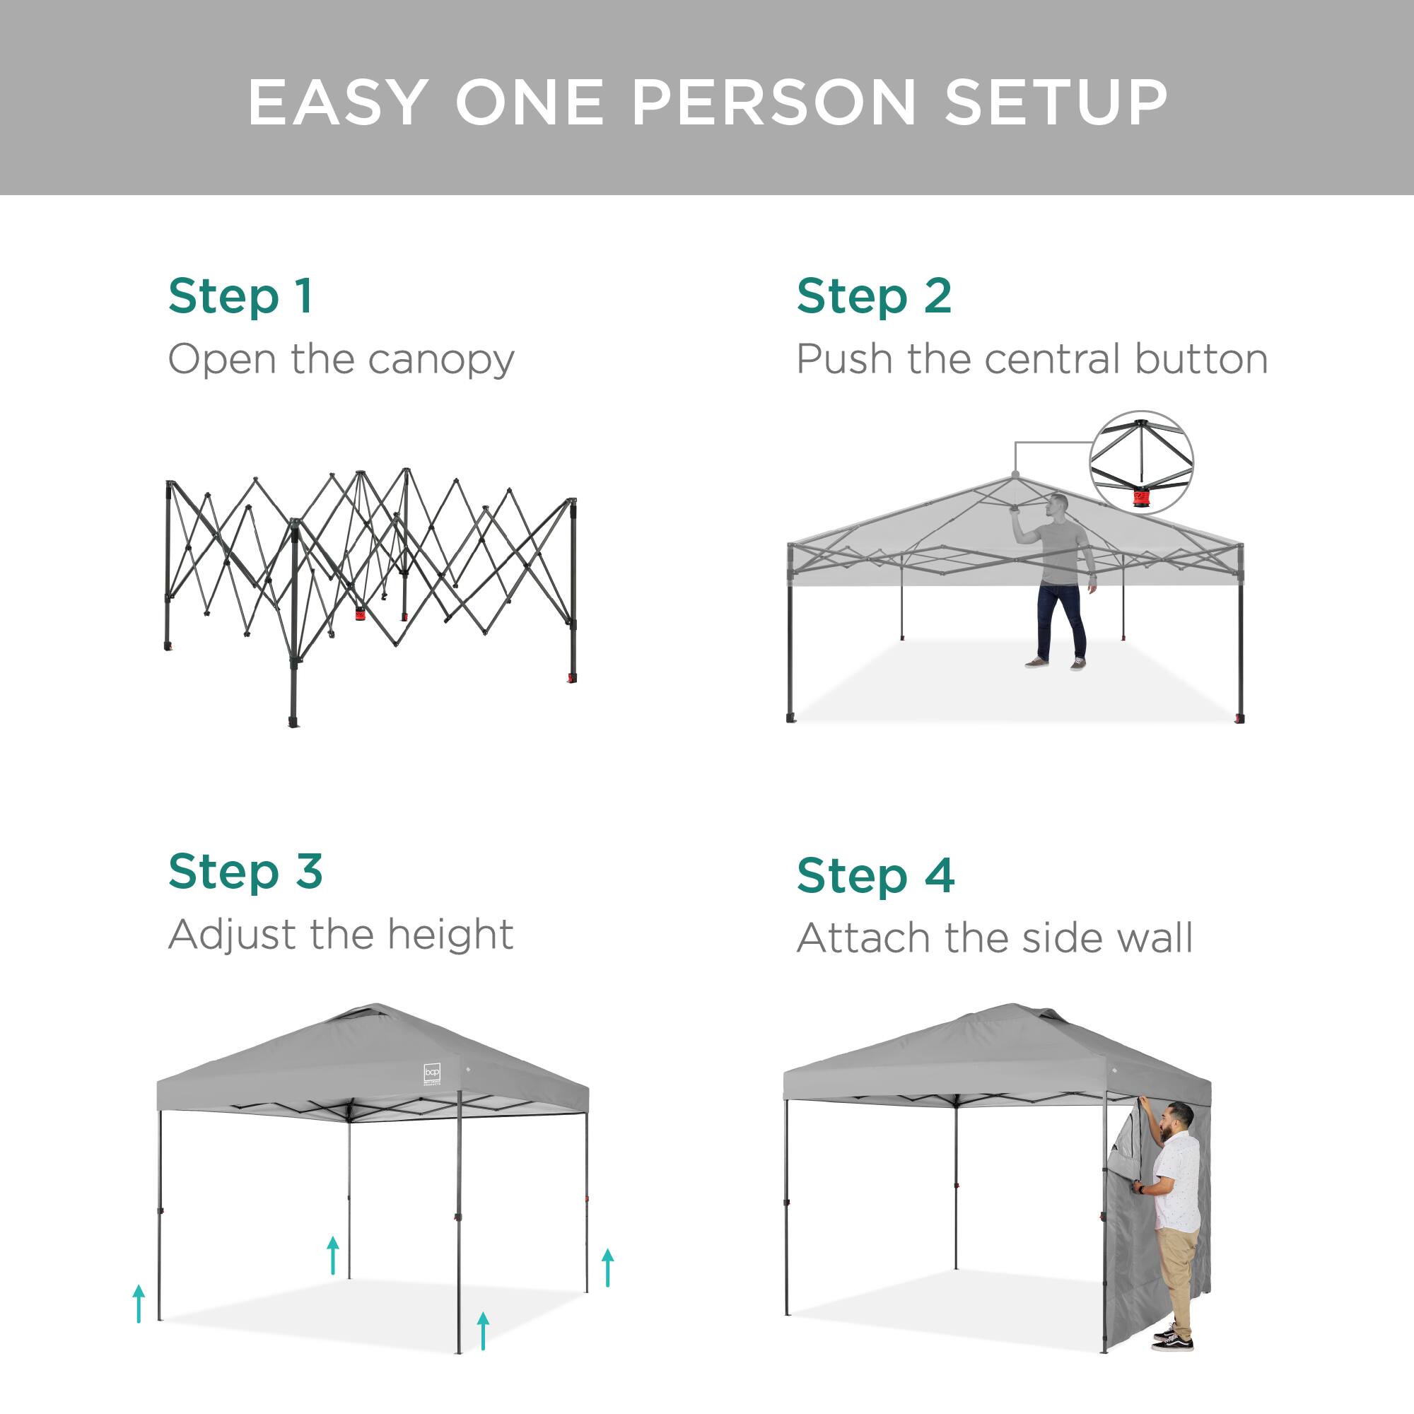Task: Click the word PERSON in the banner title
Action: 773,103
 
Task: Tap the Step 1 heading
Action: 240,297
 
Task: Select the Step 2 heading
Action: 874,297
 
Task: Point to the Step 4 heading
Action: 875,876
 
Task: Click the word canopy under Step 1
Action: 441,361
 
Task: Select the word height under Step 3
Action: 450,935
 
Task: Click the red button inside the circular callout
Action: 1141,499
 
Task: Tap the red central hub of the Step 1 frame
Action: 360,614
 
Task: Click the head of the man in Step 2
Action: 1058,504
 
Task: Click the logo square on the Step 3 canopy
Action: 432,1074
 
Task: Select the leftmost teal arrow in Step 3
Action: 139,1304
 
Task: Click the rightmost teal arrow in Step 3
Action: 607,1268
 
